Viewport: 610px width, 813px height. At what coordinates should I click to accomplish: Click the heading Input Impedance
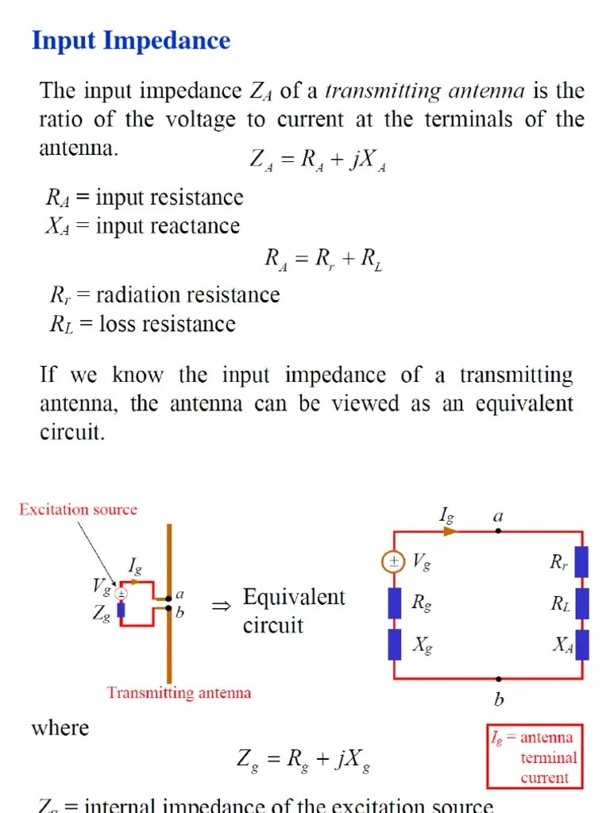coord(130,40)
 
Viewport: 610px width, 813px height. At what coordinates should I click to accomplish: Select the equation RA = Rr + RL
coord(323,260)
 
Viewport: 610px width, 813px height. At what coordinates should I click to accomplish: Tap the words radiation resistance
coord(187,295)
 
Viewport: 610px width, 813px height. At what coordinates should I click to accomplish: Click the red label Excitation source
coord(78,510)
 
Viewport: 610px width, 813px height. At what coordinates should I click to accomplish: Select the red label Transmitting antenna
coord(179,692)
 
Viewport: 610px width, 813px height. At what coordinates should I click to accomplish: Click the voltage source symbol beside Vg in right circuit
coord(392,562)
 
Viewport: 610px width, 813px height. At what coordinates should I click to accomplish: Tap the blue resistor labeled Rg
coord(394,603)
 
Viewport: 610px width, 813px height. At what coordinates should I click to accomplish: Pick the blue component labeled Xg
coord(394,644)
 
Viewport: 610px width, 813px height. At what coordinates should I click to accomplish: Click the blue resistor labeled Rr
coord(582,562)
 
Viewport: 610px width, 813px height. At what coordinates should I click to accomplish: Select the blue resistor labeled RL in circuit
coord(582,603)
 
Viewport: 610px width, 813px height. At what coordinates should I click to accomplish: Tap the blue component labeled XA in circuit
coord(582,644)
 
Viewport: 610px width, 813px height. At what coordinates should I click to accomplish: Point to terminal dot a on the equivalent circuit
coord(498,531)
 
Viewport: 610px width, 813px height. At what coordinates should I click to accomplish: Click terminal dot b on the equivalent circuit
coord(498,679)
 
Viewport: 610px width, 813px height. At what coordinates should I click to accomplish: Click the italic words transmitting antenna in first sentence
coord(425,91)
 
